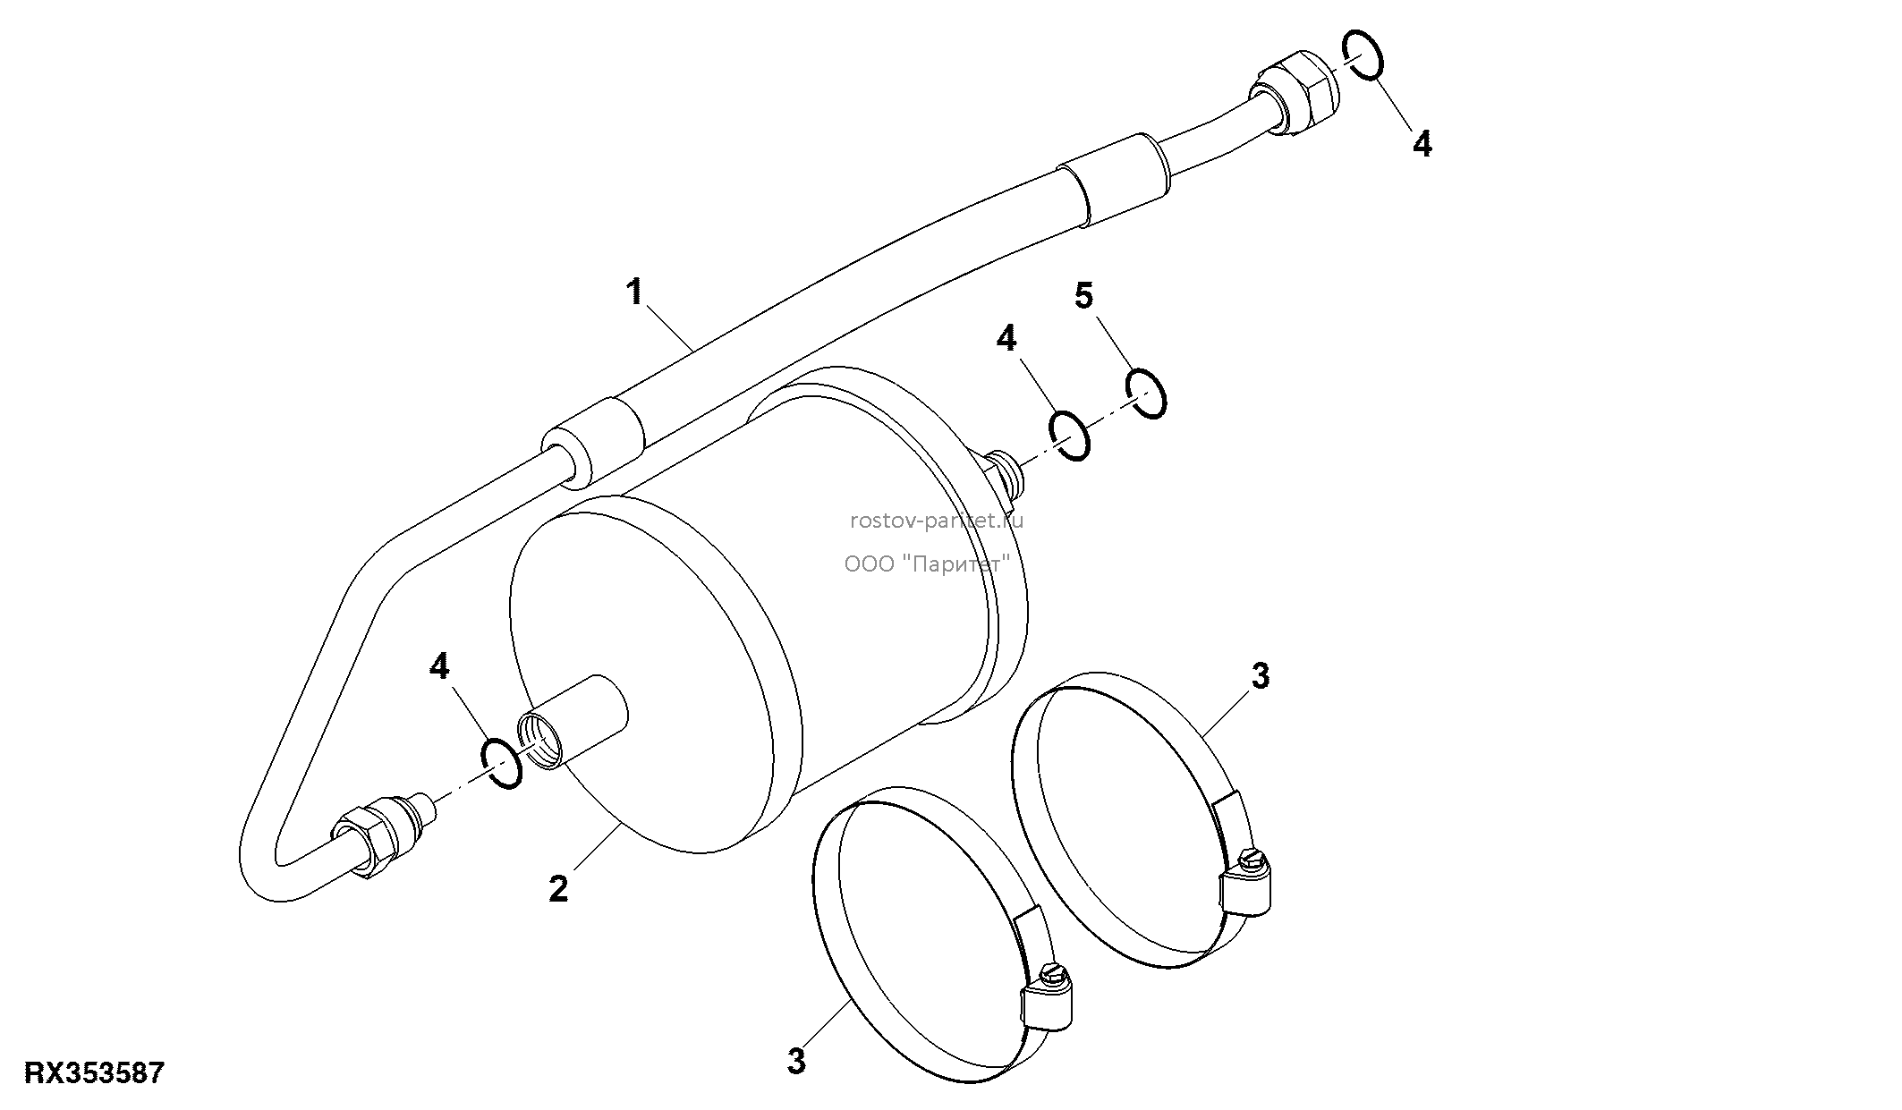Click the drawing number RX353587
95,1072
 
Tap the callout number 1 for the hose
635,292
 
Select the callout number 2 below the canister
558,889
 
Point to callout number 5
1084,295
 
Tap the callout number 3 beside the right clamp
1261,677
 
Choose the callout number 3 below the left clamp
796,1062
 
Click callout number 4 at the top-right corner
1422,144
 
